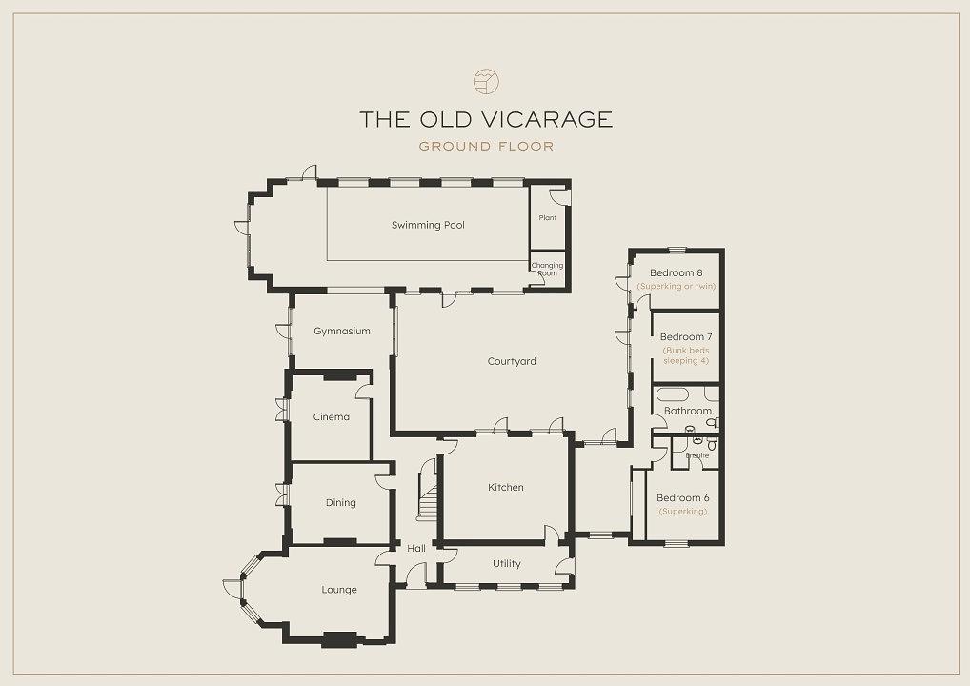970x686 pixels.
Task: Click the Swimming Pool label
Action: tap(428, 225)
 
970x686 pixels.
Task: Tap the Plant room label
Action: tap(548, 218)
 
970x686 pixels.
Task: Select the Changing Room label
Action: tap(548, 269)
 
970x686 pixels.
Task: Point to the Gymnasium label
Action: tap(341, 332)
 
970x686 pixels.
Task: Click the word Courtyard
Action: tap(512, 361)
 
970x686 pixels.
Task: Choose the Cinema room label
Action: tap(331, 417)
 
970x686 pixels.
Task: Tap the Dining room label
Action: tap(340, 503)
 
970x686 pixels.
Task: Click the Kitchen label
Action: tap(505, 488)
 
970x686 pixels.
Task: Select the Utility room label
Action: tap(507, 563)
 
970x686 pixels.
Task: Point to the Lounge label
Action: tap(339, 590)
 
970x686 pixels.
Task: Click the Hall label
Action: tap(416, 548)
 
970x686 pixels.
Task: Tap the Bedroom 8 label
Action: tap(676, 272)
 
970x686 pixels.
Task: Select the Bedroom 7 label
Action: tap(686, 337)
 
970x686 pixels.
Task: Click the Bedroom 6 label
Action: tap(683, 498)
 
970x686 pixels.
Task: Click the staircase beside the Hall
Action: tap(427, 489)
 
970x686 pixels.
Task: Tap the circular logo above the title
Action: tap(486, 81)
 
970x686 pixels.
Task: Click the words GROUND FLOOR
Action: tap(486, 147)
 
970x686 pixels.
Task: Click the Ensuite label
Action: tap(697, 455)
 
